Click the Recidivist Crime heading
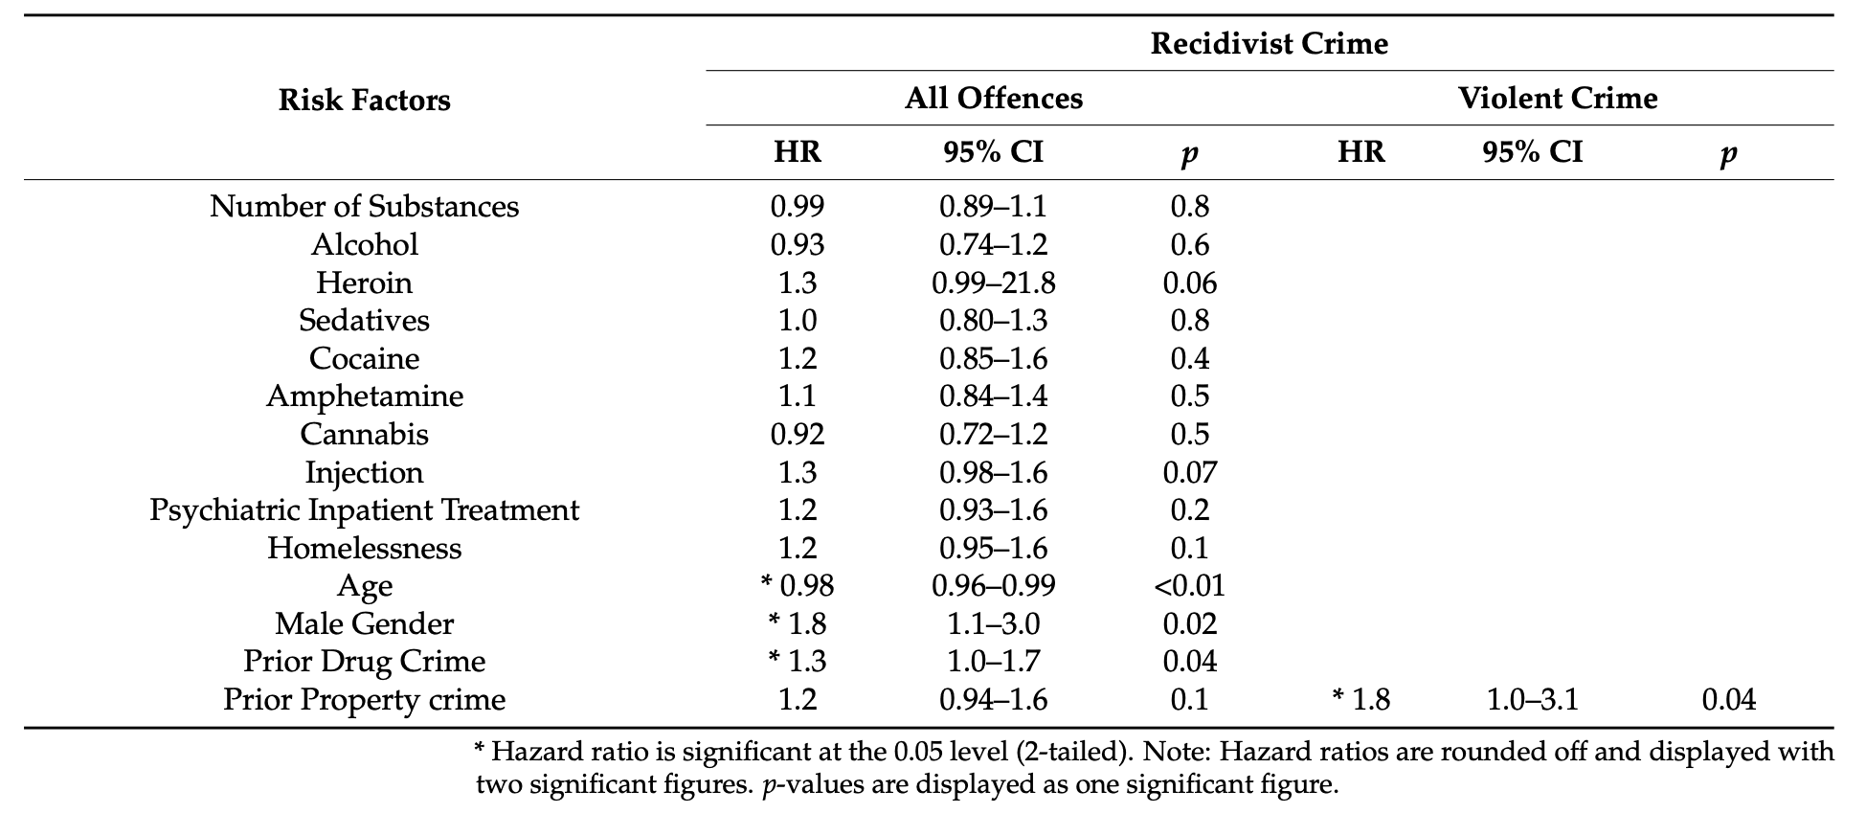tap(1269, 44)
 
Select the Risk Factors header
tap(364, 100)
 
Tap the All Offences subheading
tap(993, 99)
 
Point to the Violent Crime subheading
tap(1557, 99)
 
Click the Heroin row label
tap(364, 282)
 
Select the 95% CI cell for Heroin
tap(993, 282)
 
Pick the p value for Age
tap(1189, 586)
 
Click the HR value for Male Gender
tap(797, 624)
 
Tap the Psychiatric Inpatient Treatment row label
tap(364, 510)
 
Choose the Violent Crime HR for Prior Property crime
tap(1360, 700)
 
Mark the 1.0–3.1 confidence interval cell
tap(1532, 700)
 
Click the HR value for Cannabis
tap(797, 435)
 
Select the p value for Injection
tap(1189, 472)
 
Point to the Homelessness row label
tap(364, 548)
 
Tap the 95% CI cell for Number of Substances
tap(993, 207)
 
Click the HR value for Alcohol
tap(797, 245)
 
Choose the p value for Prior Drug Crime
tap(1189, 662)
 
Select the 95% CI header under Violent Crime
tap(1532, 152)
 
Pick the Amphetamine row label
tap(364, 396)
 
